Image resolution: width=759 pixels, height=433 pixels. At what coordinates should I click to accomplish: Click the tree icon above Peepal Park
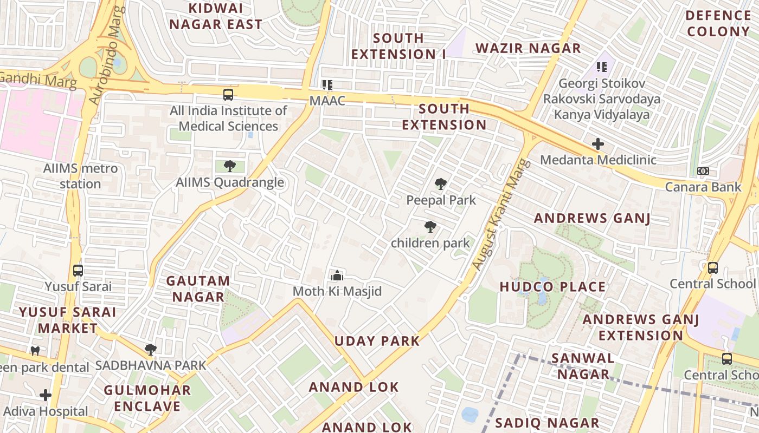441,184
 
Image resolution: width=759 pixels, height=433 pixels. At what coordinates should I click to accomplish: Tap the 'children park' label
430,243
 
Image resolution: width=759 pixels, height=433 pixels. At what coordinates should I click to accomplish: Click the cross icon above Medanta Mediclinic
598,144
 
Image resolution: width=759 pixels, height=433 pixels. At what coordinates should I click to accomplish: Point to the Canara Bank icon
703,171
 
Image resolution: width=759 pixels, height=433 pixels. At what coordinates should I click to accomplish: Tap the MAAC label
327,101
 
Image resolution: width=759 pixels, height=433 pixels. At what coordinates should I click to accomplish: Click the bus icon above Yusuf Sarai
78,270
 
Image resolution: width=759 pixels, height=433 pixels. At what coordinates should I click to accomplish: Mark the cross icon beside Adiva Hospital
46,395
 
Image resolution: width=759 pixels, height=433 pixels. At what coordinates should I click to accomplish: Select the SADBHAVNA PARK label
151,365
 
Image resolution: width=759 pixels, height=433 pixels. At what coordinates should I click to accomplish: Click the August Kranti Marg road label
500,214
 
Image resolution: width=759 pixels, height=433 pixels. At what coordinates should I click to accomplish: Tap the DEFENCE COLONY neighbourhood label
718,23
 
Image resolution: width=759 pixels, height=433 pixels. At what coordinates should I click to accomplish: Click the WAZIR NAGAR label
528,48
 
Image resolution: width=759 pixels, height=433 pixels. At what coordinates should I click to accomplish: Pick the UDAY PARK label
377,341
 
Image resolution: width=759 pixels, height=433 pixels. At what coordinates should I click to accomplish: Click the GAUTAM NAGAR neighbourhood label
198,288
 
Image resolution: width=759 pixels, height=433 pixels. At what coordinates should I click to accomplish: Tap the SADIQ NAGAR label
548,423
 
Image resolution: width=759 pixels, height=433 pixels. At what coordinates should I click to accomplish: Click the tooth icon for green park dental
36,351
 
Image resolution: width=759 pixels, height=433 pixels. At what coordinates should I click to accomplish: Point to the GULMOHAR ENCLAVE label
147,398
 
